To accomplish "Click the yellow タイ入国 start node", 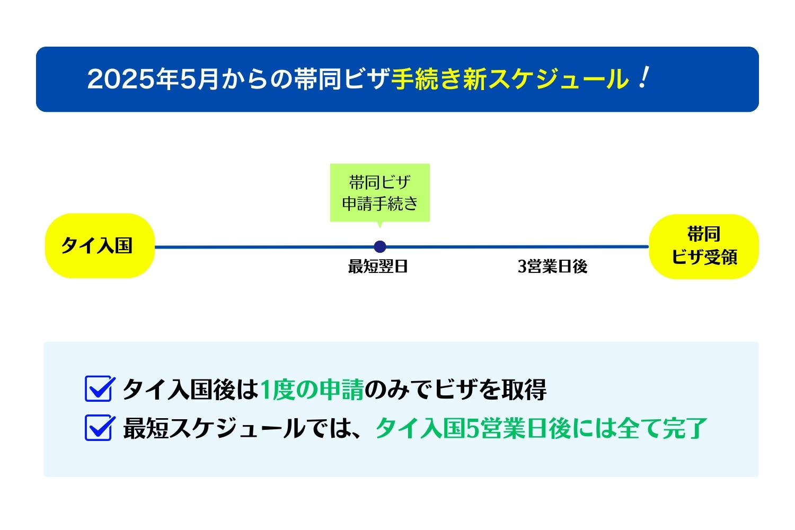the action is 100,245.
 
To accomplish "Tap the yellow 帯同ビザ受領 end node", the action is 704,246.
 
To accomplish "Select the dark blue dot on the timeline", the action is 380,246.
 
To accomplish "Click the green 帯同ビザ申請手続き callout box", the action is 380,193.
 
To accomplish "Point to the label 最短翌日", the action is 378,266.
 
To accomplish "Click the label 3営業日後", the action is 553,266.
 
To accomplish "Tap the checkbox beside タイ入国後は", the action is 100,388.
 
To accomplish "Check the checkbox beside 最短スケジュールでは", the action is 100,428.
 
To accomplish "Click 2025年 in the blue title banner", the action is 133,79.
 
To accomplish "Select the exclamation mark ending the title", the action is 644,77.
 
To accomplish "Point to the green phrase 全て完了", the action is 662,428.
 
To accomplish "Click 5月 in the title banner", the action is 199,79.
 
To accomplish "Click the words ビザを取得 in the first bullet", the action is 490,390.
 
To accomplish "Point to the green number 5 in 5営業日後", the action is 472,428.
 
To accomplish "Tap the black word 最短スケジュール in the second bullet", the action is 214,428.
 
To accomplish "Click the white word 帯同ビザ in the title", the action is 342,79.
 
